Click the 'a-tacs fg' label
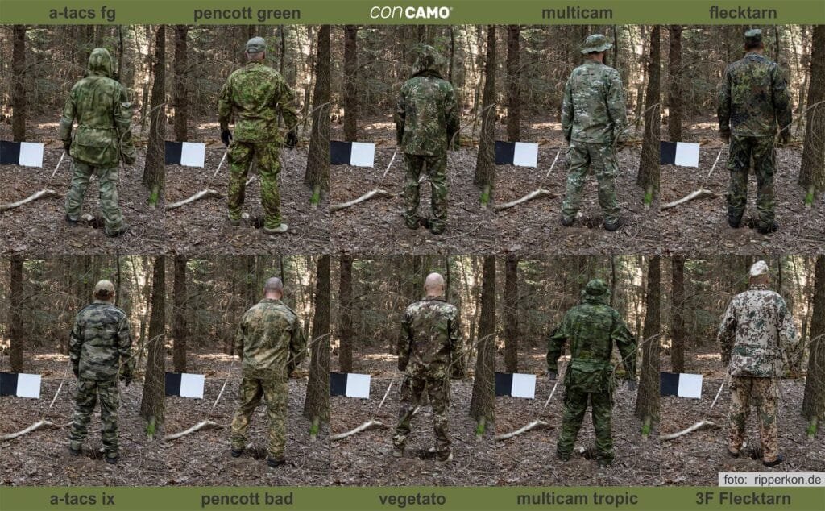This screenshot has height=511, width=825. (82, 12)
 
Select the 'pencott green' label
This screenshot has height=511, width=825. (247, 12)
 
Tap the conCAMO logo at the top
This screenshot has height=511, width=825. (411, 12)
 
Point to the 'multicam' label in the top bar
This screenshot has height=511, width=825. (577, 12)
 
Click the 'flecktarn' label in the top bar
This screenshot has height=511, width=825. (743, 12)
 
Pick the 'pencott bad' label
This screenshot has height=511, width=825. (247, 499)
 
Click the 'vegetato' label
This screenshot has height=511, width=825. (412, 499)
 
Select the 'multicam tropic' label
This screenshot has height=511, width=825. (577, 499)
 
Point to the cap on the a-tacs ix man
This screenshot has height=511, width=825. (104, 287)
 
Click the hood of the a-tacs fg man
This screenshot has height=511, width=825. (101, 61)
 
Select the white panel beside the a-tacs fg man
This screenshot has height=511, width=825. (31, 154)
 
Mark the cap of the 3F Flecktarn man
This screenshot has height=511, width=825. (759, 268)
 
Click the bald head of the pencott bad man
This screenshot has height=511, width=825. (273, 287)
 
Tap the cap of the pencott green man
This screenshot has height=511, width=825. (256, 44)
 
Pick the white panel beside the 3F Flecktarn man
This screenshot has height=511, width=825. (690, 385)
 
